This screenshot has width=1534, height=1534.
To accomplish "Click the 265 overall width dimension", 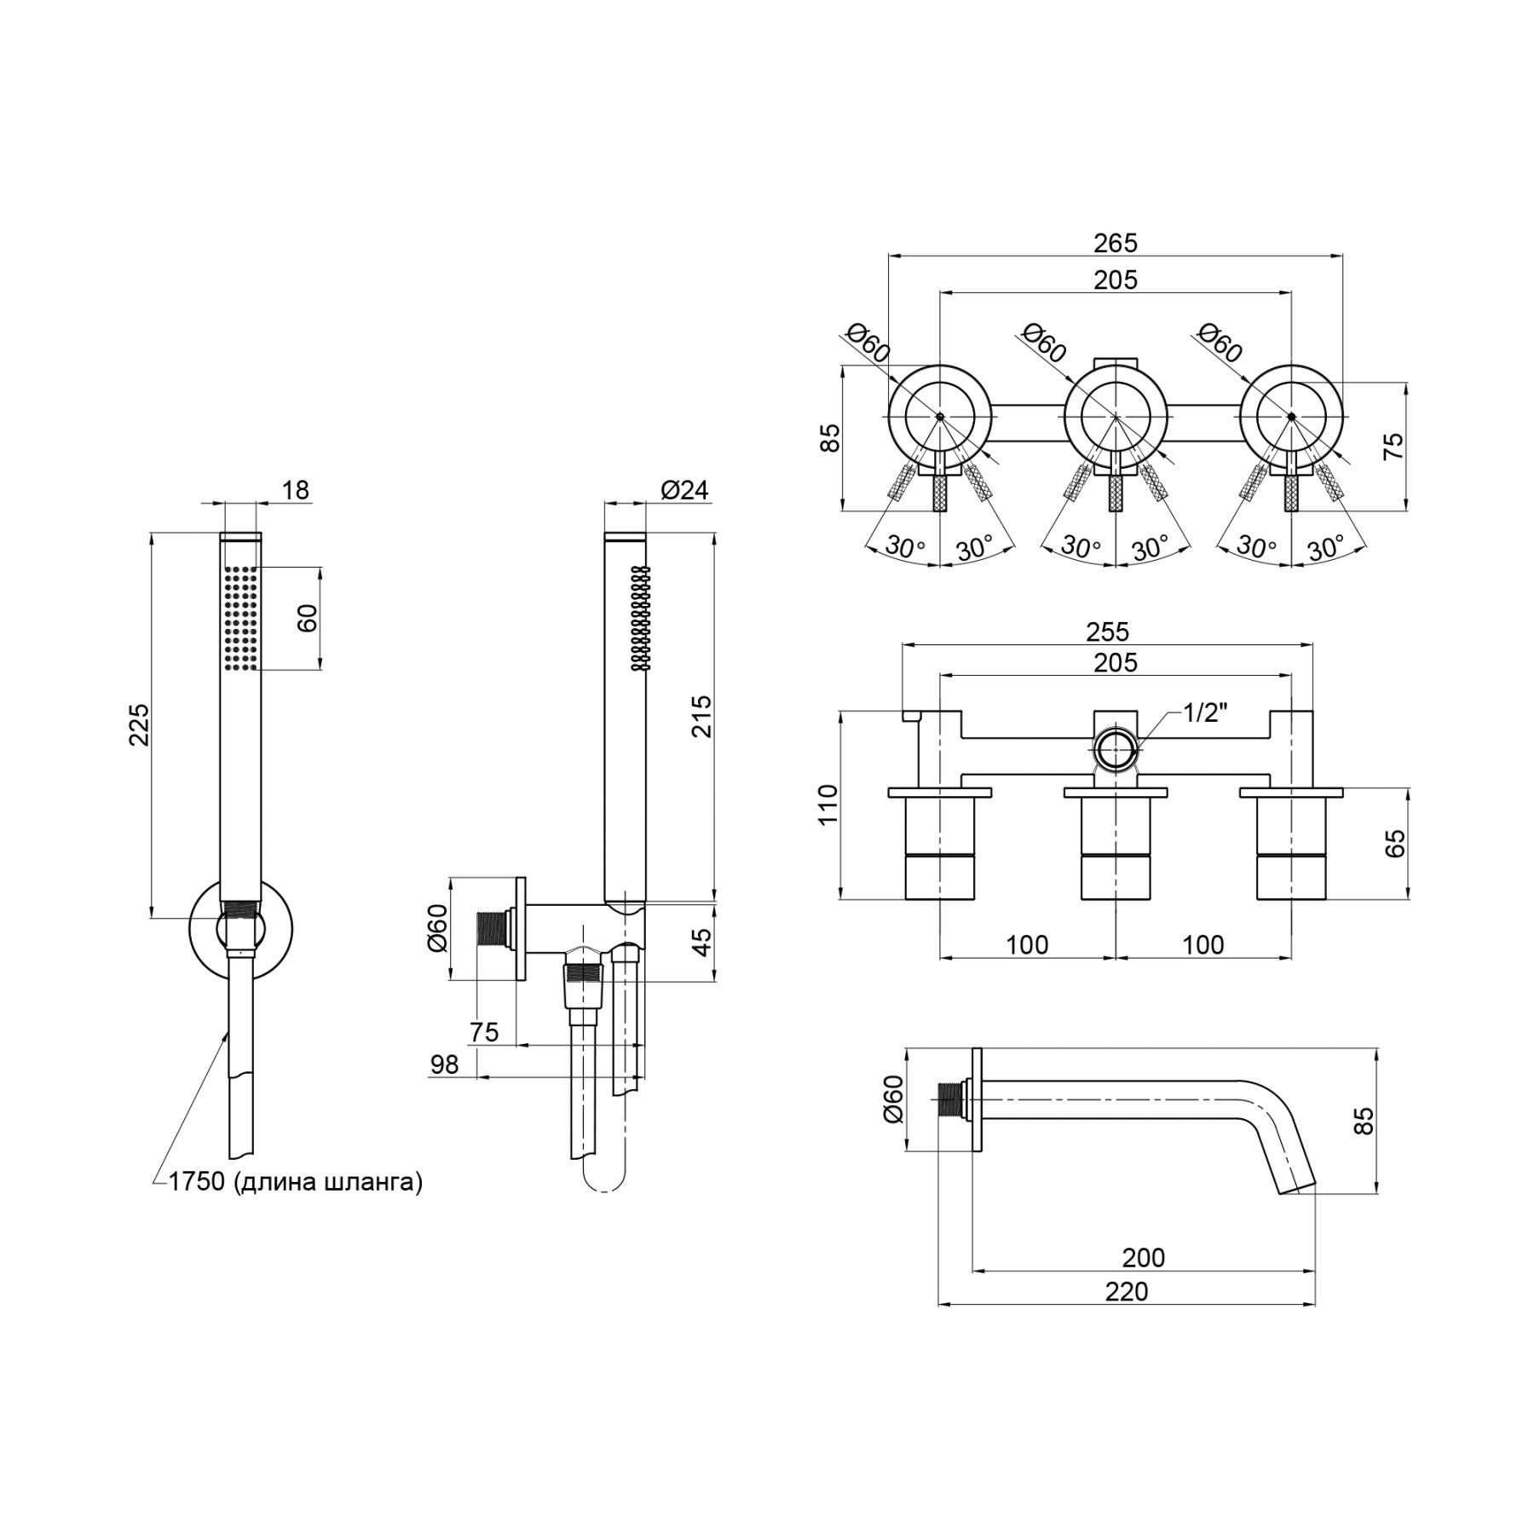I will click(1115, 243).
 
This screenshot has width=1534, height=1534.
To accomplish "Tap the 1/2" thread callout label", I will click(1204, 713).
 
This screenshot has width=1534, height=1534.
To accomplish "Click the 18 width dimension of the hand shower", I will click(296, 490).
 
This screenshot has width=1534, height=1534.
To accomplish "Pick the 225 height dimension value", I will click(138, 724).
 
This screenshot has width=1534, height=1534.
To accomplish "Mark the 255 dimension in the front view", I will click(1108, 631).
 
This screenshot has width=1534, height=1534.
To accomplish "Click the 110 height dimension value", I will click(828, 804).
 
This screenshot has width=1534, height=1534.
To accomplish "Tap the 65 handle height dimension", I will click(1395, 844).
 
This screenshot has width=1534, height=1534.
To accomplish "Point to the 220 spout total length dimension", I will click(1127, 1291).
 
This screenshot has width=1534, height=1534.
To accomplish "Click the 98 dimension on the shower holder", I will click(445, 1064).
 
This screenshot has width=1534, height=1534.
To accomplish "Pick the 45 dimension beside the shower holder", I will click(701, 942).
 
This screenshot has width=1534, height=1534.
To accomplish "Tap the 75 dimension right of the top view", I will click(1393, 446).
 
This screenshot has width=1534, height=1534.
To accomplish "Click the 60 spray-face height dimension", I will click(309, 618).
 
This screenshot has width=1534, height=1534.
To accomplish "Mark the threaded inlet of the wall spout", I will click(950, 1101).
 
